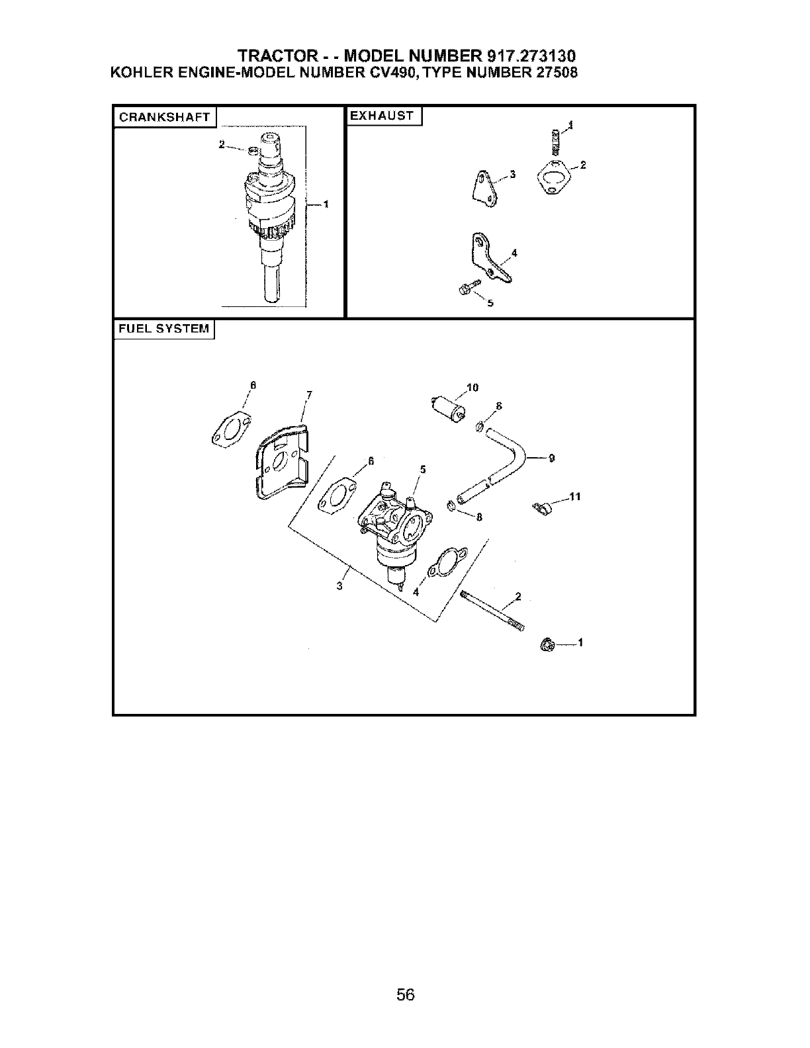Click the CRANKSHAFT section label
(x=164, y=118)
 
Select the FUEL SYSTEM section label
(x=163, y=329)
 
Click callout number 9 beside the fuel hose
(x=551, y=457)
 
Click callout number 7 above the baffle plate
(x=309, y=396)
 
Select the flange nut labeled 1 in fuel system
(x=547, y=644)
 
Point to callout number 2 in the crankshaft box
(x=222, y=144)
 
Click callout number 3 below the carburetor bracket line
(x=339, y=586)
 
